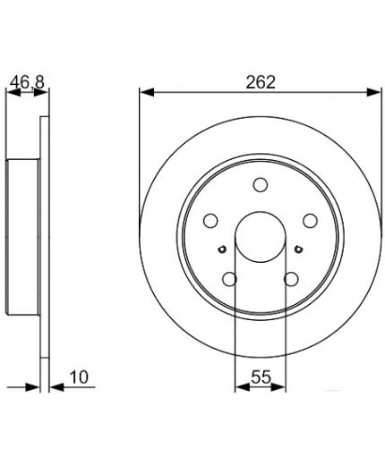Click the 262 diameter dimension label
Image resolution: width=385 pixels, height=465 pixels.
(x=261, y=82)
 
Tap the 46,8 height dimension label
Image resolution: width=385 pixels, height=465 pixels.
(x=27, y=82)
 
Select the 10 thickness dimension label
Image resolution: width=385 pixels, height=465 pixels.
(x=79, y=377)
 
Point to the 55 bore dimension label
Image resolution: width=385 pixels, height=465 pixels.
(x=261, y=376)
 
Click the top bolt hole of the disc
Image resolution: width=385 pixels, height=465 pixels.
(x=261, y=185)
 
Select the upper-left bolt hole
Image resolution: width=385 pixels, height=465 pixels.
(x=210, y=221)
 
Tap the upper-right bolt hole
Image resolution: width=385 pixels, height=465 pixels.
(x=310, y=221)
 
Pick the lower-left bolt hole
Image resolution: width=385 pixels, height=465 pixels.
(x=229, y=279)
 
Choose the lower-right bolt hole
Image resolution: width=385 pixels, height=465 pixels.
(x=291, y=279)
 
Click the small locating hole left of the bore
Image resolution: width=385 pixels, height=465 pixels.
(x=222, y=249)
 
